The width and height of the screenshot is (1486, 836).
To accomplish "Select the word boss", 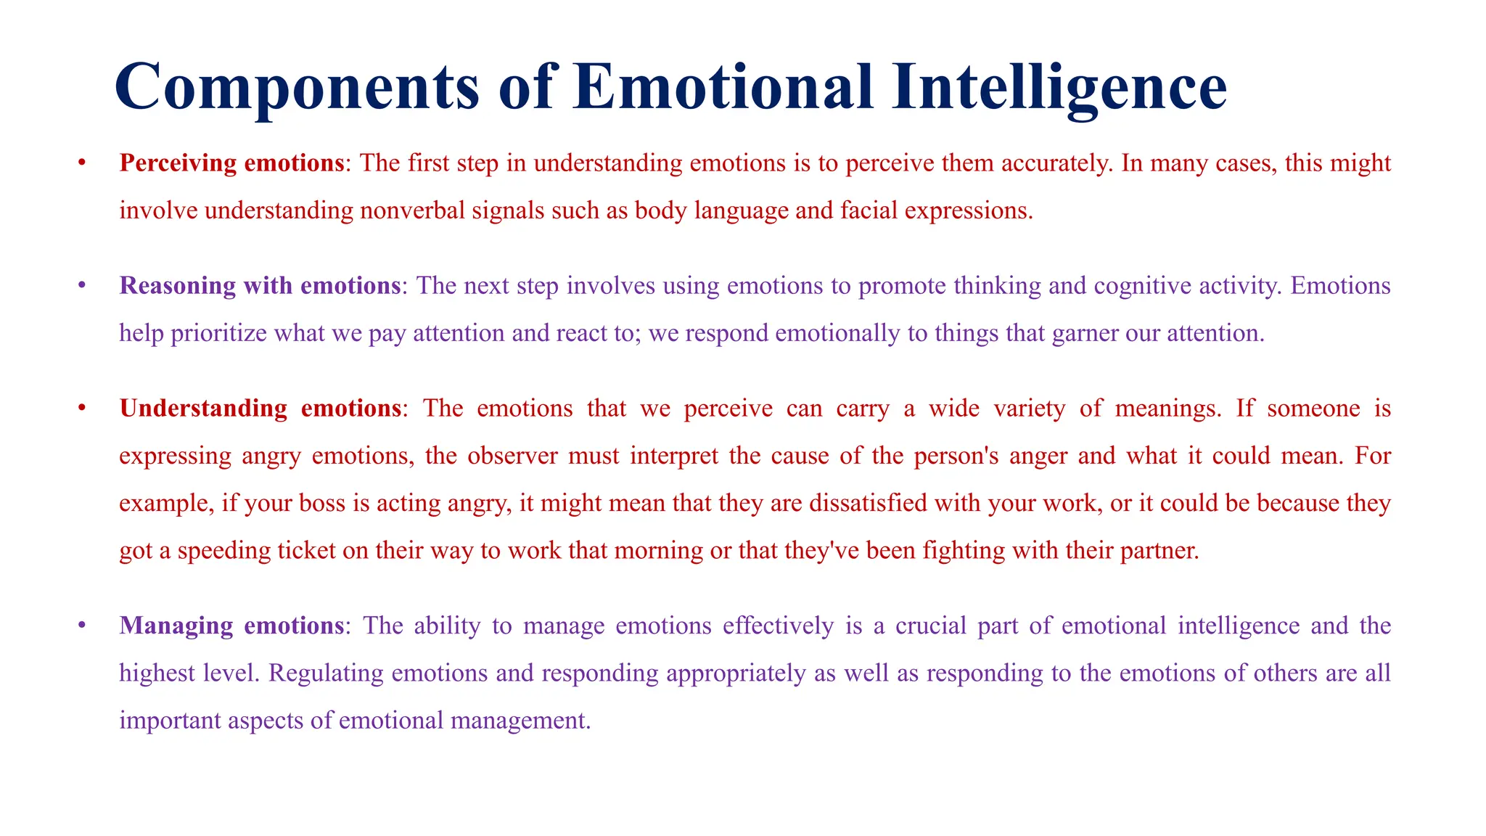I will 321,504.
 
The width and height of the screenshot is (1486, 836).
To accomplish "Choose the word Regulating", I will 326,673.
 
